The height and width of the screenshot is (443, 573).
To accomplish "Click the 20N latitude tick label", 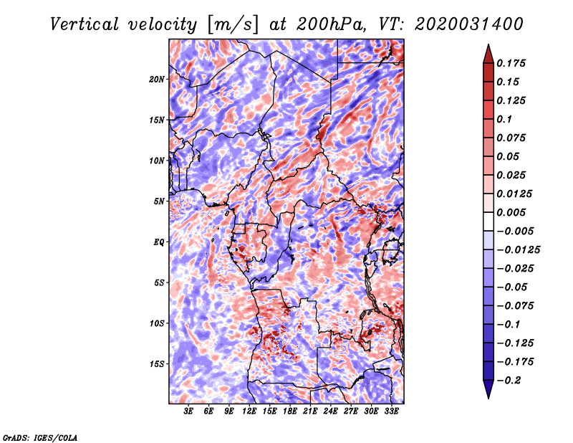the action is (157, 80).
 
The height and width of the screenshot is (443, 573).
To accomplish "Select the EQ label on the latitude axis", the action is (159, 242).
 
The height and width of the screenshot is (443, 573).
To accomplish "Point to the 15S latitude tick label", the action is (157, 364).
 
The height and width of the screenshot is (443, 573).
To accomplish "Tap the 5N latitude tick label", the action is (159, 201).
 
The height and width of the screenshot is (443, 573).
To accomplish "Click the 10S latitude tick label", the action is (157, 323).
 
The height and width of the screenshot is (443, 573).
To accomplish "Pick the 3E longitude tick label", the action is (188, 411).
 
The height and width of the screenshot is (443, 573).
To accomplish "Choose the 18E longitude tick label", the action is (290, 411).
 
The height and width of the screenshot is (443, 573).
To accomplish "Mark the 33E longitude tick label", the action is (391, 411).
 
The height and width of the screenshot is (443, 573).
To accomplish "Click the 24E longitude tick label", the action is (330, 411).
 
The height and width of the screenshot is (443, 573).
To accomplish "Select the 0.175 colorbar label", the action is (511, 63).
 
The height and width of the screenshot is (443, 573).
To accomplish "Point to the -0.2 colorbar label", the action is (509, 381).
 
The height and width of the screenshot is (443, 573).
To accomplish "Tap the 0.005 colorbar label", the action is (511, 212).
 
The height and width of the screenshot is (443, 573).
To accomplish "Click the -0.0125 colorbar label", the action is (518, 250).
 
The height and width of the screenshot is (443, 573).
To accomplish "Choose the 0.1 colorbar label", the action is (504, 119).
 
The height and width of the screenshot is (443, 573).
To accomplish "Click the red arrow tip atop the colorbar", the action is (488, 44).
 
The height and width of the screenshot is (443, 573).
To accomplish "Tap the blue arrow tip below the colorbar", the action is (488, 398).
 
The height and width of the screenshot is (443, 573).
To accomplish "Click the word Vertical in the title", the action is (85, 24).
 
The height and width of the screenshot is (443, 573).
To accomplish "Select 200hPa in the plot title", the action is (330, 24).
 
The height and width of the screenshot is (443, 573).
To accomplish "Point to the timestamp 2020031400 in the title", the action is (469, 24).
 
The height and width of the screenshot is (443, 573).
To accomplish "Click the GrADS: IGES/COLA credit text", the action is (40, 437).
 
